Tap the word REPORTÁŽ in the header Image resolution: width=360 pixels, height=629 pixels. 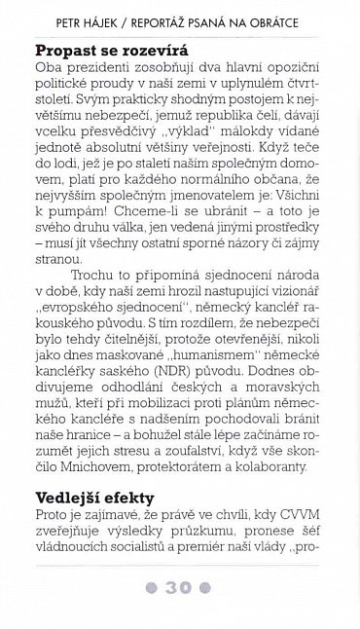[x=173, y=19]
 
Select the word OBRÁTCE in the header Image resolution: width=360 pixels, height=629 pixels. [x=297, y=19]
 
